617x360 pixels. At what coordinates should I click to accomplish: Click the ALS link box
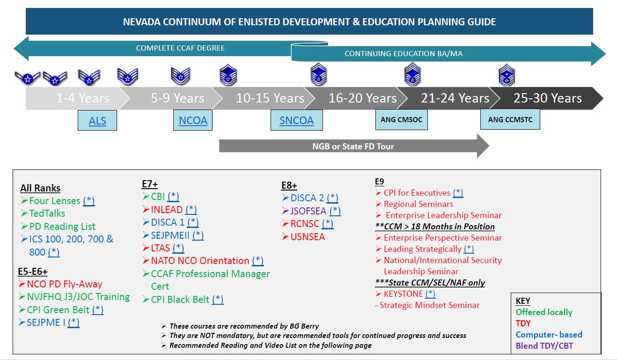97,121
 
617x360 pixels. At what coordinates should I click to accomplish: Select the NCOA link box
193,121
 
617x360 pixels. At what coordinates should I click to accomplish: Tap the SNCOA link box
296,121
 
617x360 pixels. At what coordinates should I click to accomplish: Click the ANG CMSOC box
401,120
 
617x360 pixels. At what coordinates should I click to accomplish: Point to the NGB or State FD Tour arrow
353,146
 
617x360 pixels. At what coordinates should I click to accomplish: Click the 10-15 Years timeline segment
270,98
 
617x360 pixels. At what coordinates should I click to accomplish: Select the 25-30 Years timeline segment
547,98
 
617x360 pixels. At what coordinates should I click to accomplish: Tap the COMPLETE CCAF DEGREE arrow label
180,48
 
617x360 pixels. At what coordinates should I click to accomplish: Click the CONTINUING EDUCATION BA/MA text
403,54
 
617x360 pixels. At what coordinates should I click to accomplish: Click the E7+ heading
150,184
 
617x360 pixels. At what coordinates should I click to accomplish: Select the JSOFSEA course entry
308,211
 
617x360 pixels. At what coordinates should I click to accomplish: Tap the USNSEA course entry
307,237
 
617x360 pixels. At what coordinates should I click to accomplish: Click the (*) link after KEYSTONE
430,294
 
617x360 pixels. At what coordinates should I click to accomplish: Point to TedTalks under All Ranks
47,213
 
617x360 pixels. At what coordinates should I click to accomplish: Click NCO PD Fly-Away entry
64,284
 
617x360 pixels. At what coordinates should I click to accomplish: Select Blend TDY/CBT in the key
544,346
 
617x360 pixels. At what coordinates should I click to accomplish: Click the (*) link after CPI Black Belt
217,300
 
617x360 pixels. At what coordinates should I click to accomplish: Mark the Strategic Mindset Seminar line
429,305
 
